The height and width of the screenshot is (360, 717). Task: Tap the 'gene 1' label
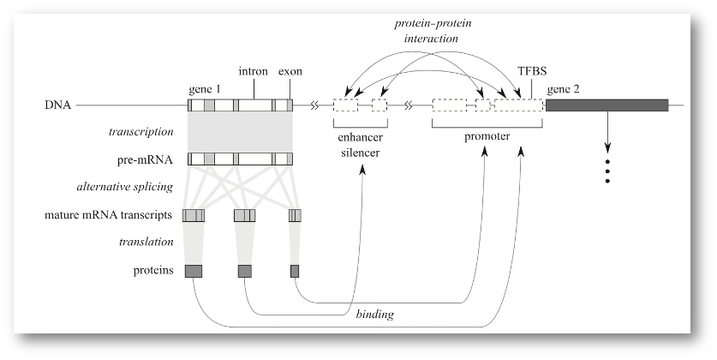coord(205,88)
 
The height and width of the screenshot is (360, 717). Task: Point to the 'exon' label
coord(290,72)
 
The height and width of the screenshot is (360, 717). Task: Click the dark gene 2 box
coord(606,105)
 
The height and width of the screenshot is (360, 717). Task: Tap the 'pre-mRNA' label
coord(150,159)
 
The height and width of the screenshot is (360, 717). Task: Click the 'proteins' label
coord(154,271)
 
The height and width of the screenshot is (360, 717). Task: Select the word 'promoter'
coord(487,136)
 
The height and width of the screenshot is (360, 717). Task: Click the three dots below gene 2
coord(607,171)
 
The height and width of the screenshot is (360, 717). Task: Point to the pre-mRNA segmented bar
coord(241,159)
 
